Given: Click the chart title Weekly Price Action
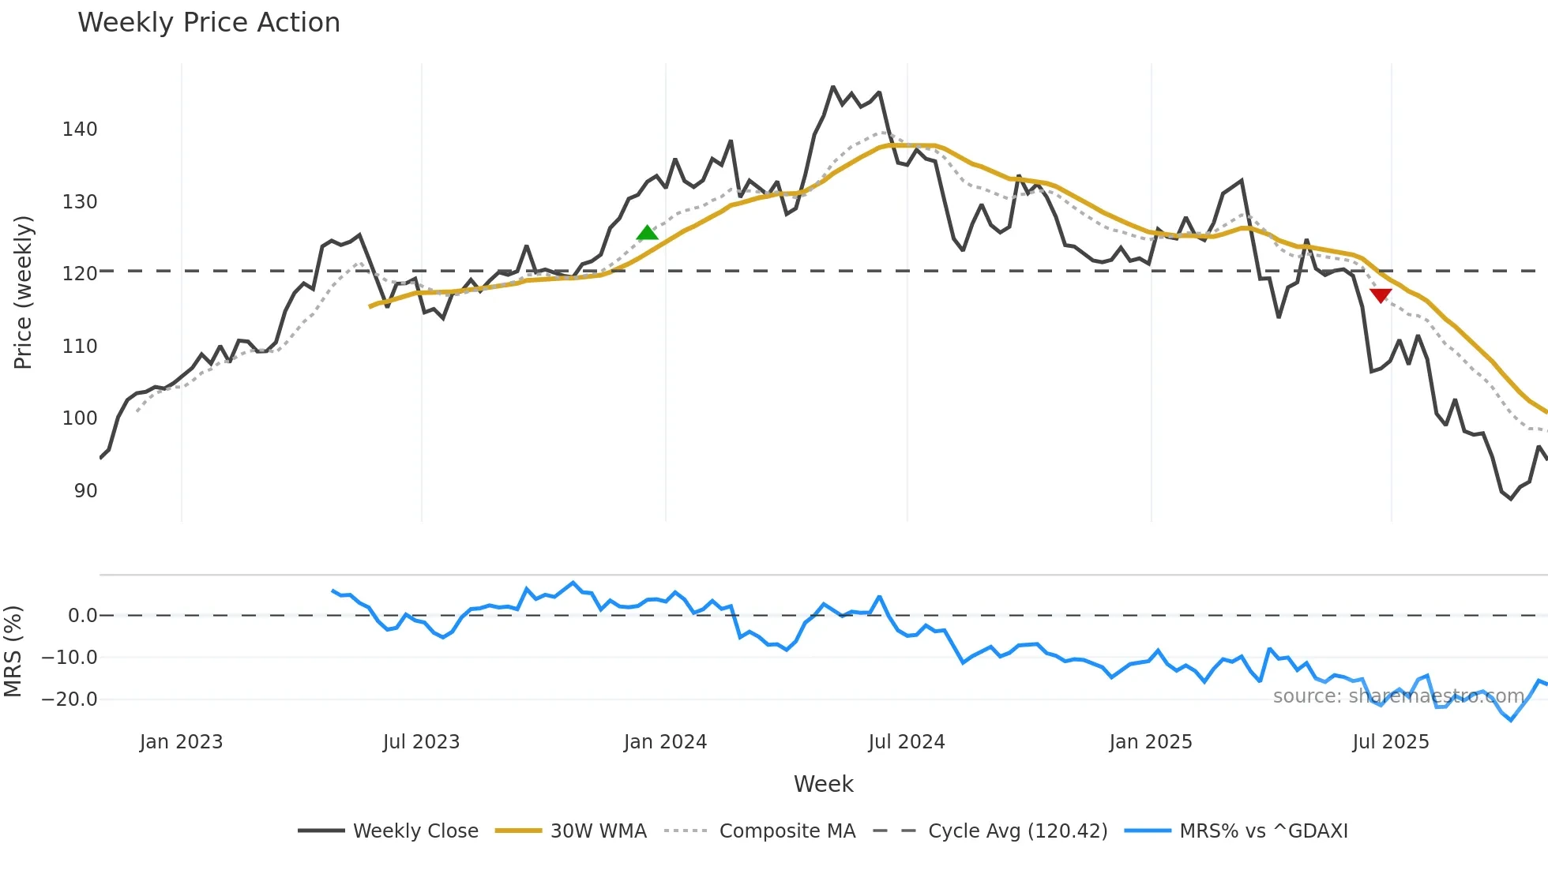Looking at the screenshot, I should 209,23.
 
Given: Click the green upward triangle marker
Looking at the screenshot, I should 647,232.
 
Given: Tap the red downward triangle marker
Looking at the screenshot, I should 1381,295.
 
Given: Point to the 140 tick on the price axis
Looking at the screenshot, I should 80,129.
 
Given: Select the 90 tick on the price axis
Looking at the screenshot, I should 85,491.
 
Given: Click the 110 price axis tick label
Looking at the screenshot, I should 80,347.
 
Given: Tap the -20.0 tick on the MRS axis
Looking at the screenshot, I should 70,699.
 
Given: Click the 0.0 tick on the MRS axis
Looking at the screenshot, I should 82,616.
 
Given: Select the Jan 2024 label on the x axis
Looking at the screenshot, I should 665,742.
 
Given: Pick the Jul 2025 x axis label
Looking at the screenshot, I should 1390,742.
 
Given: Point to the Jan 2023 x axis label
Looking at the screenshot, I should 181,742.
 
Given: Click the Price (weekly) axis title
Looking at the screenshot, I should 23,292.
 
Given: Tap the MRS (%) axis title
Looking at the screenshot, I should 13,651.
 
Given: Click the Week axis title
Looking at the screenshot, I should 823,784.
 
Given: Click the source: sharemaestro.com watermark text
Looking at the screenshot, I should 1398,696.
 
